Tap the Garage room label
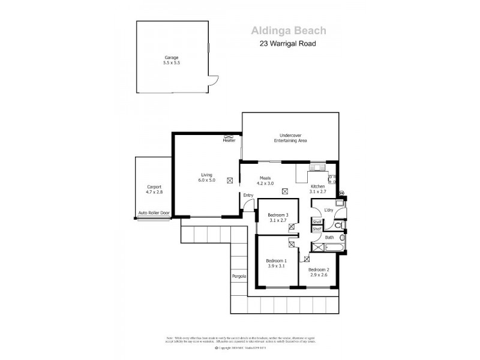click(x=172, y=58)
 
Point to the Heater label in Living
click(x=229, y=140)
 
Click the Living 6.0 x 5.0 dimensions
click(x=206, y=180)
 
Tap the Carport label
click(x=154, y=187)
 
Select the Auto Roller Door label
click(x=154, y=213)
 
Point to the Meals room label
click(x=266, y=178)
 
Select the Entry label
click(x=248, y=195)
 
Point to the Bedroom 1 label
click(x=277, y=260)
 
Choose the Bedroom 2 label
click(x=319, y=269)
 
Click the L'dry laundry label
click(x=328, y=209)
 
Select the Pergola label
click(x=238, y=276)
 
